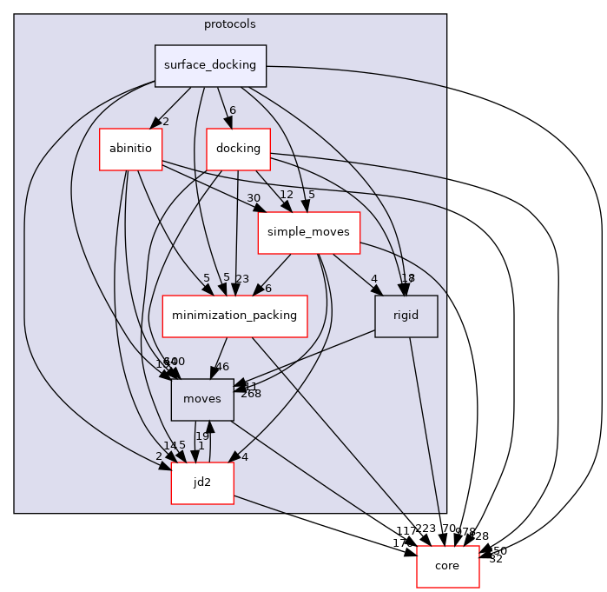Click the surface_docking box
pos(210,65)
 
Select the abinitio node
pos(130,149)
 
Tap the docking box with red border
pos(238,149)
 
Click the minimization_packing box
pos(235,316)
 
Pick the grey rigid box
pos(406,316)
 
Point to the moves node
pos(202,399)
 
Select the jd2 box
pos(202,482)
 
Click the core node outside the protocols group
pos(448,566)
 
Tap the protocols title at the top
pos(230,23)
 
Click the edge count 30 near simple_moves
pos(254,198)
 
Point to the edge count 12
pos(287,194)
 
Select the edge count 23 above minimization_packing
pos(242,279)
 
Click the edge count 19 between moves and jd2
pos(201,436)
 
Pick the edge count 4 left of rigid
pos(373,279)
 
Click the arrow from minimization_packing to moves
pos(219,356)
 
